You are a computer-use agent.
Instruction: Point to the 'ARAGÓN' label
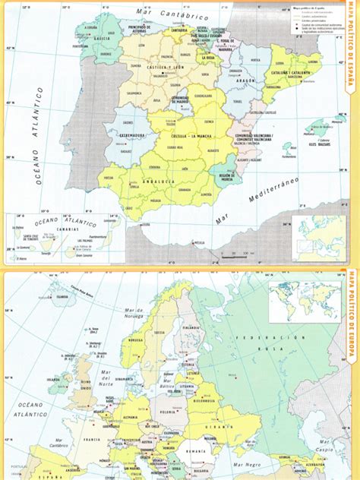[x=248, y=88]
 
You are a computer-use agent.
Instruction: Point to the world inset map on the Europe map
[x=305, y=301]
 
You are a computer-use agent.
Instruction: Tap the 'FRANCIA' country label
[x=93, y=439]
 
